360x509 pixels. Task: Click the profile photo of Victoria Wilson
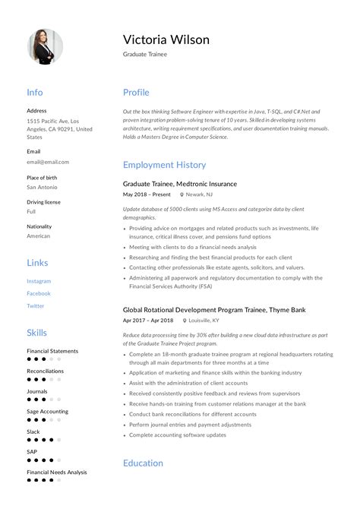[x=45, y=46]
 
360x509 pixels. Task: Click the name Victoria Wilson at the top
[x=166, y=39]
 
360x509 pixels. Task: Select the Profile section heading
[x=136, y=93]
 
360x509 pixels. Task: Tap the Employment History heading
[x=164, y=165]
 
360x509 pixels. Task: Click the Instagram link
[x=39, y=281]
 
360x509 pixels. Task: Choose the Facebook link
[x=39, y=293]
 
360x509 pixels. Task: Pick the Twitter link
[x=36, y=306]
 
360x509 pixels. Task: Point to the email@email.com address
[x=48, y=162]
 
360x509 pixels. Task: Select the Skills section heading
[x=36, y=333]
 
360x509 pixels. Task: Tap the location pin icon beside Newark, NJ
[x=182, y=194]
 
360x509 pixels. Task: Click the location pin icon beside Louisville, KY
[x=183, y=321]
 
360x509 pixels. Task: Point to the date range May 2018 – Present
[x=148, y=194]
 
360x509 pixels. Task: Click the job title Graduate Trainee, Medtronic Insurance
[x=180, y=184]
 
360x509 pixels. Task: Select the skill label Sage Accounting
[x=47, y=412]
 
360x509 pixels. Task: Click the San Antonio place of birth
[x=43, y=187]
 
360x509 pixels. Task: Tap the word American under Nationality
[x=39, y=236]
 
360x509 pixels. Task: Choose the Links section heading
[x=37, y=263]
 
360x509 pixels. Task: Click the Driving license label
[x=44, y=202]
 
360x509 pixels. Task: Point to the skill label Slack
[x=33, y=432]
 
